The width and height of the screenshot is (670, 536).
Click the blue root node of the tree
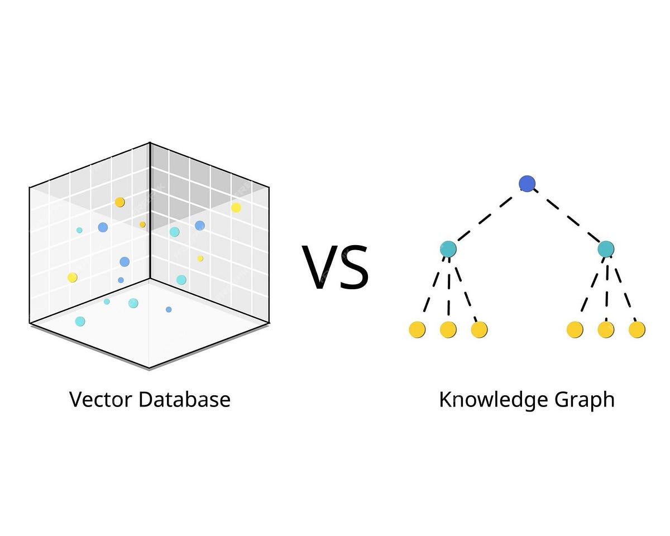pos(527,183)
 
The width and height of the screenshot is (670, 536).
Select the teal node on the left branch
pos(448,248)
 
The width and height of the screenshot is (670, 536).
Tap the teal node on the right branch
pos(606,248)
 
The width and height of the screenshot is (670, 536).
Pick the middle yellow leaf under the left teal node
pos(448,329)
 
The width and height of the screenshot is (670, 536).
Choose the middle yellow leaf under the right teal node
pos(606,329)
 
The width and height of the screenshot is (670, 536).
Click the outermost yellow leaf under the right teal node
pos(637,329)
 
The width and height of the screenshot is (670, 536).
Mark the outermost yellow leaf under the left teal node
pos(417,329)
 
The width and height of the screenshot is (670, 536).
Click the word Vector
pos(100,400)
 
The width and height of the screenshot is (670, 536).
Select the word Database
pos(184,400)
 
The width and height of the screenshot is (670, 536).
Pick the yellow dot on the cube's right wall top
pos(236,208)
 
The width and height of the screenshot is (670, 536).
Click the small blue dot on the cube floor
pos(169,309)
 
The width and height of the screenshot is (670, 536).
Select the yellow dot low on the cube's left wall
pos(72,277)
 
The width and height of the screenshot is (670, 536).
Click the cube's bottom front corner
pos(149,368)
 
